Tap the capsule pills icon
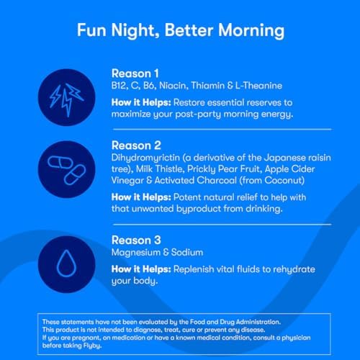67,171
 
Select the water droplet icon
66,264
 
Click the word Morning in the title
251,31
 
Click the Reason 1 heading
135,73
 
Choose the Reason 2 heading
136,145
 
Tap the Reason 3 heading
136,240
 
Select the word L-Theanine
258,86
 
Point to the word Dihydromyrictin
145,158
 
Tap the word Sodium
187,253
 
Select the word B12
120,86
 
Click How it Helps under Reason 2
141,197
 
